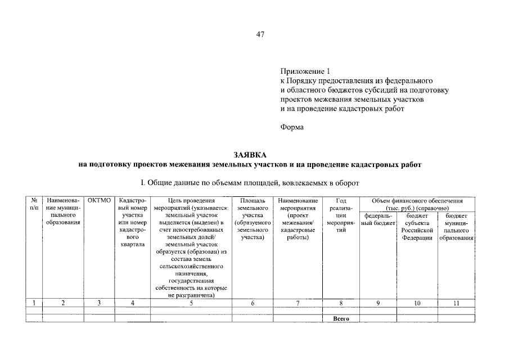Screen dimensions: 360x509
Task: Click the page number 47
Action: pos(260,35)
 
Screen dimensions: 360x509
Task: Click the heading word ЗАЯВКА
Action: pos(250,155)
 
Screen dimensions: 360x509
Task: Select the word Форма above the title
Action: pos(292,127)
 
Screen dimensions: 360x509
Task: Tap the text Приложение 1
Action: pos(303,71)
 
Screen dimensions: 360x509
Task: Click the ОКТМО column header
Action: pos(99,200)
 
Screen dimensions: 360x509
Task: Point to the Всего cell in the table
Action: pos(341,319)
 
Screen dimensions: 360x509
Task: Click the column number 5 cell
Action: pos(191,303)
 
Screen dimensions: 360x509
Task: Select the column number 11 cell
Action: pos(456,303)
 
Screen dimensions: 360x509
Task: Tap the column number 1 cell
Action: pos(34,303)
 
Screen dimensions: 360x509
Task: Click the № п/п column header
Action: pos(34,204)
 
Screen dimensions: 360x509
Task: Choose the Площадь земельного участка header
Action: pos(252,219)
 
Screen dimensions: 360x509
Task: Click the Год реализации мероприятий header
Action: pos(341,219)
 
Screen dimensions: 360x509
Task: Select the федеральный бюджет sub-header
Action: pos(379,219)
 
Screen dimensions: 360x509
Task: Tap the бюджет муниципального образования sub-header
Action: pos(456,227)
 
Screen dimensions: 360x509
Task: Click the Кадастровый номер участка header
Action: pos(133,223)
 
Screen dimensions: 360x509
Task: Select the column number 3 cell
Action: pos(99,303)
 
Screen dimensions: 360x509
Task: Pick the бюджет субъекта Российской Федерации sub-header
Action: pos(417,227)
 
